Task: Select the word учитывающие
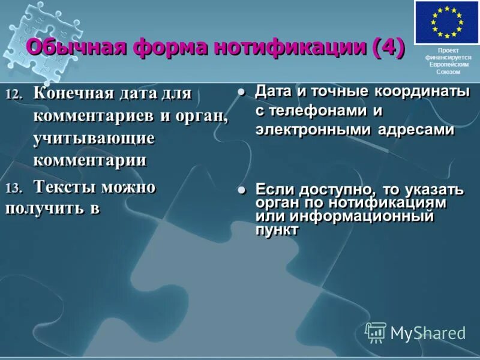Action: pyautogui.click(x=94, y=138)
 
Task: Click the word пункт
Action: pyautogui.click(x=277, y=230)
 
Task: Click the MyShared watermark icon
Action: pyautogui.click(x=376, y=332)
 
